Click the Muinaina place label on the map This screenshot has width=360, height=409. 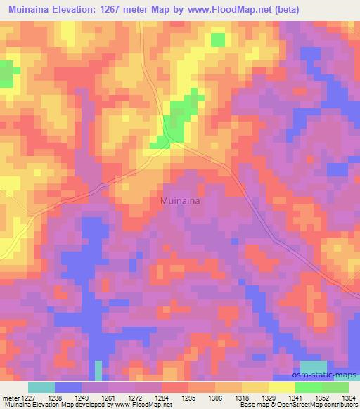point(180,201)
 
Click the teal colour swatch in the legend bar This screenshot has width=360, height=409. point(41,387)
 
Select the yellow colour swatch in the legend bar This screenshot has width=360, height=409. point(281,387)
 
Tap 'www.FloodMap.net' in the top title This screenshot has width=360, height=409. point(233,9)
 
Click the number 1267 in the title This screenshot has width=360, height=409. point(135,9)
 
